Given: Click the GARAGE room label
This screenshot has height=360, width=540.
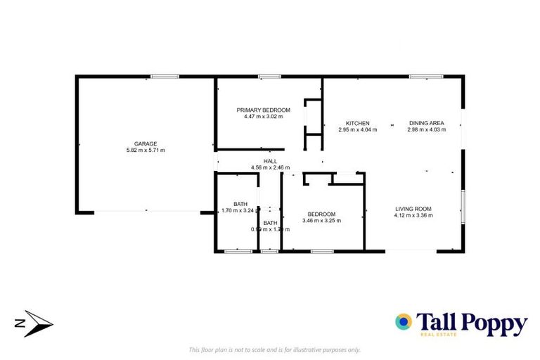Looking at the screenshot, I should click(146, 143).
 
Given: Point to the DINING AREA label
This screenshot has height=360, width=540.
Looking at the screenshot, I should click(426, 123).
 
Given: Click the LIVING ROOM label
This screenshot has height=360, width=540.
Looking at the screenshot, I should click(413, 208).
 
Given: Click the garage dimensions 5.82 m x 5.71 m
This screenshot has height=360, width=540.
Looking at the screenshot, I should click(146, 150).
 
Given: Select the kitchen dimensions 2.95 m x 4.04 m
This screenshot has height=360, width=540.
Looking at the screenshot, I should click(357, 129).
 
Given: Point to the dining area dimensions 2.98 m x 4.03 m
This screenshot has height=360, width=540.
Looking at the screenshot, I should click(426, 129).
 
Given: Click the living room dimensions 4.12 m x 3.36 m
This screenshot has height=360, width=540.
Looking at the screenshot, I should click(413, 214).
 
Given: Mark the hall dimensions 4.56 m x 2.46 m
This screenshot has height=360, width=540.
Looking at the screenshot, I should click(271, 167).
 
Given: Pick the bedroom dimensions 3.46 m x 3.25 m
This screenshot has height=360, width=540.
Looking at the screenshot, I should click(321, 221).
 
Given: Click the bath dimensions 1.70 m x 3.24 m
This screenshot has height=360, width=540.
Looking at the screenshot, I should click(240, 210).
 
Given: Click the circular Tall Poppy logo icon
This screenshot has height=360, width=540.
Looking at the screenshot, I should click(404, 323).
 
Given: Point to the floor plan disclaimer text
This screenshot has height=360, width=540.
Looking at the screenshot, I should click(274, 349).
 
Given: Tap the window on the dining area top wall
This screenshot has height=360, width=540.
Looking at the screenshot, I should click(421, 76).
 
